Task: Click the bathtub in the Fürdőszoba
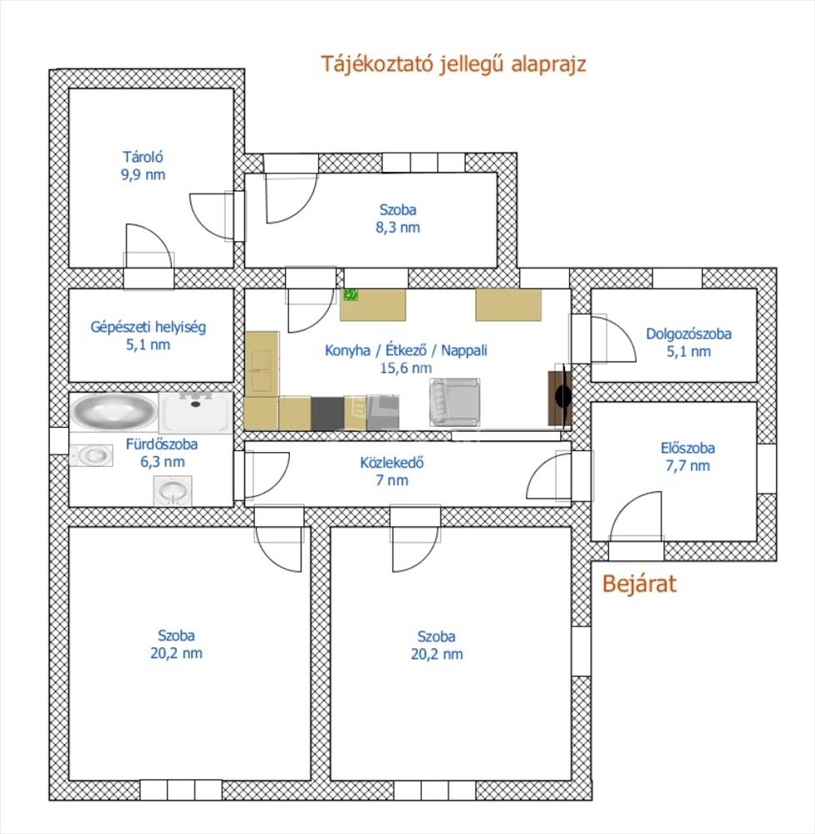click(113, 410)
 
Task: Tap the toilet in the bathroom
click(92, 455)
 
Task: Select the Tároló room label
click(143, 157)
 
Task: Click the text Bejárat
click(639, 584)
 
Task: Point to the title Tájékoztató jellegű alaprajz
click(453, 64)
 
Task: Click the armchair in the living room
click(455, 402)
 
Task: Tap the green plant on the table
click(351, 294)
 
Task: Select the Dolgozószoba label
click(688, 334)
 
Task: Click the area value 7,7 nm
click(687, 465)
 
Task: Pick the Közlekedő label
click(392, 462)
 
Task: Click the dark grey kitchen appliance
click(327, 414)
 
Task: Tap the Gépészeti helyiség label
click(148, 327)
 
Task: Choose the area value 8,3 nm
click(397, 227)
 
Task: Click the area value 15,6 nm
click(406, 368)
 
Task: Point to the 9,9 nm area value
click(143, 174)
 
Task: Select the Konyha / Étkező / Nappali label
click(406, 350)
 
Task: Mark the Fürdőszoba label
click(162, 445)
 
